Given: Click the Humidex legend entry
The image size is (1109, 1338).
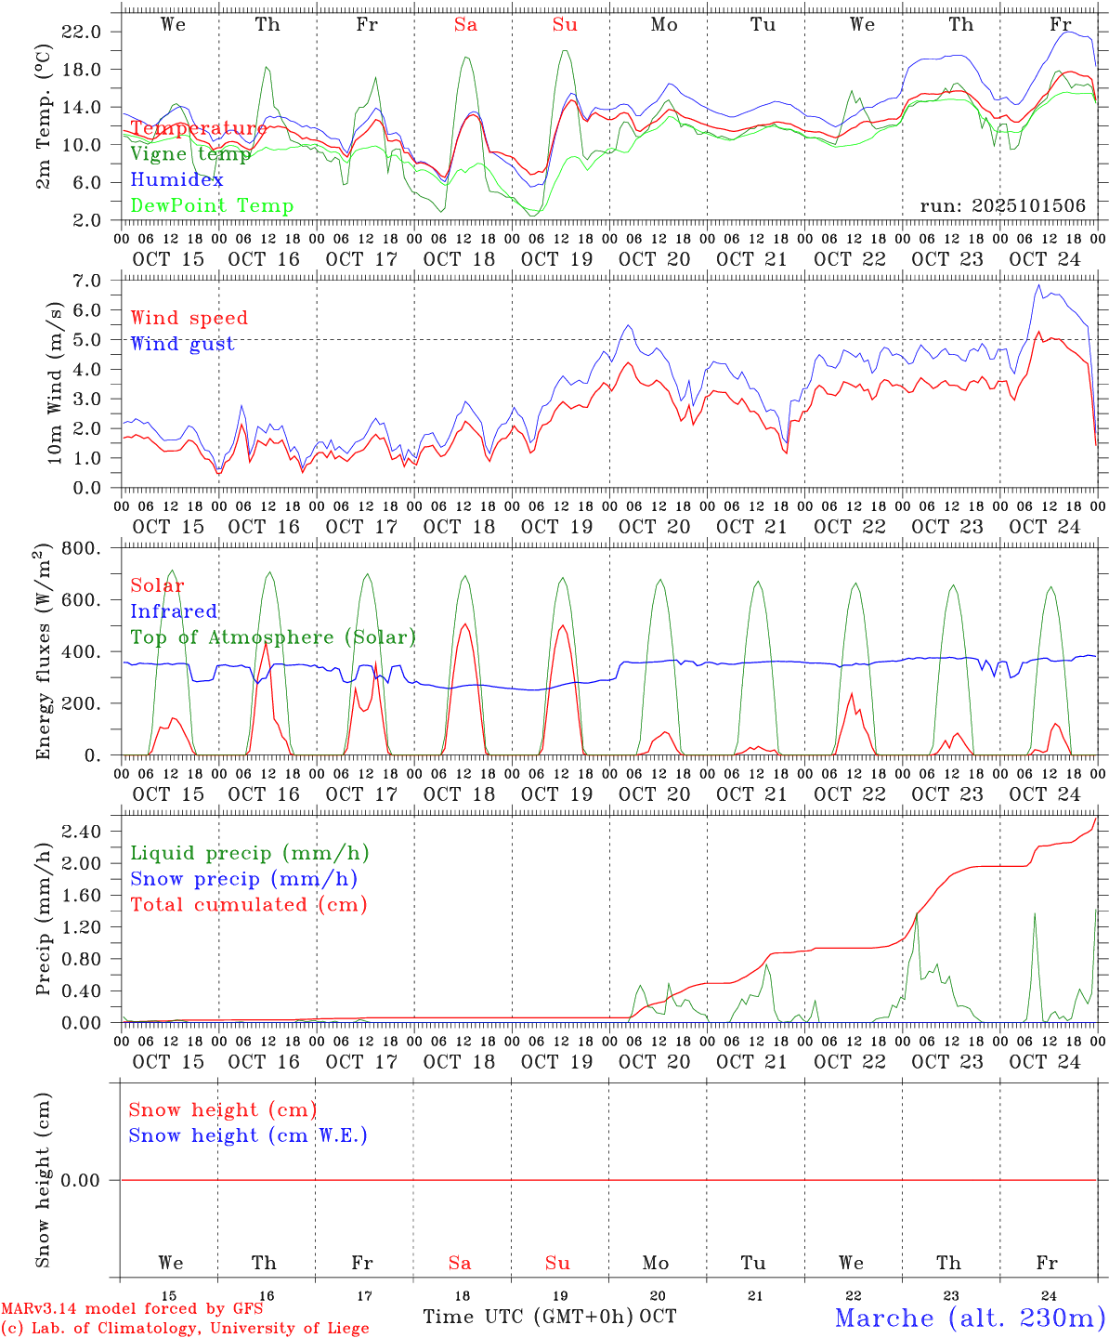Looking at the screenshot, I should (x=176, y=180).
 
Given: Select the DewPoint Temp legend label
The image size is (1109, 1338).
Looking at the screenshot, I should (x=212, y=206).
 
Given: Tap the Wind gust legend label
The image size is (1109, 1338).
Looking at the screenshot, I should (x=182, y=344).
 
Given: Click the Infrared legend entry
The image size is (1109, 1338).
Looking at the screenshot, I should (x=174, y=611).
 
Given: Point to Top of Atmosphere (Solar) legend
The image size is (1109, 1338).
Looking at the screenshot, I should (x=273, y=637).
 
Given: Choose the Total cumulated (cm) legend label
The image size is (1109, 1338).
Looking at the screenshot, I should (x=248, y=905).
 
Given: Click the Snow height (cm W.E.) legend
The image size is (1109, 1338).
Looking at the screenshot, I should (x=248, y=1135).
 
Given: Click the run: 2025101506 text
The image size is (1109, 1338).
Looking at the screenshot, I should (x=1002, y=206).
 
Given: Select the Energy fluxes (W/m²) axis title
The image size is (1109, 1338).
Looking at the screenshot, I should (x=43, y=652).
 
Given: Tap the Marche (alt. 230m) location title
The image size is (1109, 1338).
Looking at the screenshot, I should (x=970, y=1318).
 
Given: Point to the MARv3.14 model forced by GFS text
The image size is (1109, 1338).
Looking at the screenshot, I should (x=132, y=1308).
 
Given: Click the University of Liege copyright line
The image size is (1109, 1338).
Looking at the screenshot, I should (x=185, y=1329).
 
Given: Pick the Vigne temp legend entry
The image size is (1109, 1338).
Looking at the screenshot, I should (x=190, y=154).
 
